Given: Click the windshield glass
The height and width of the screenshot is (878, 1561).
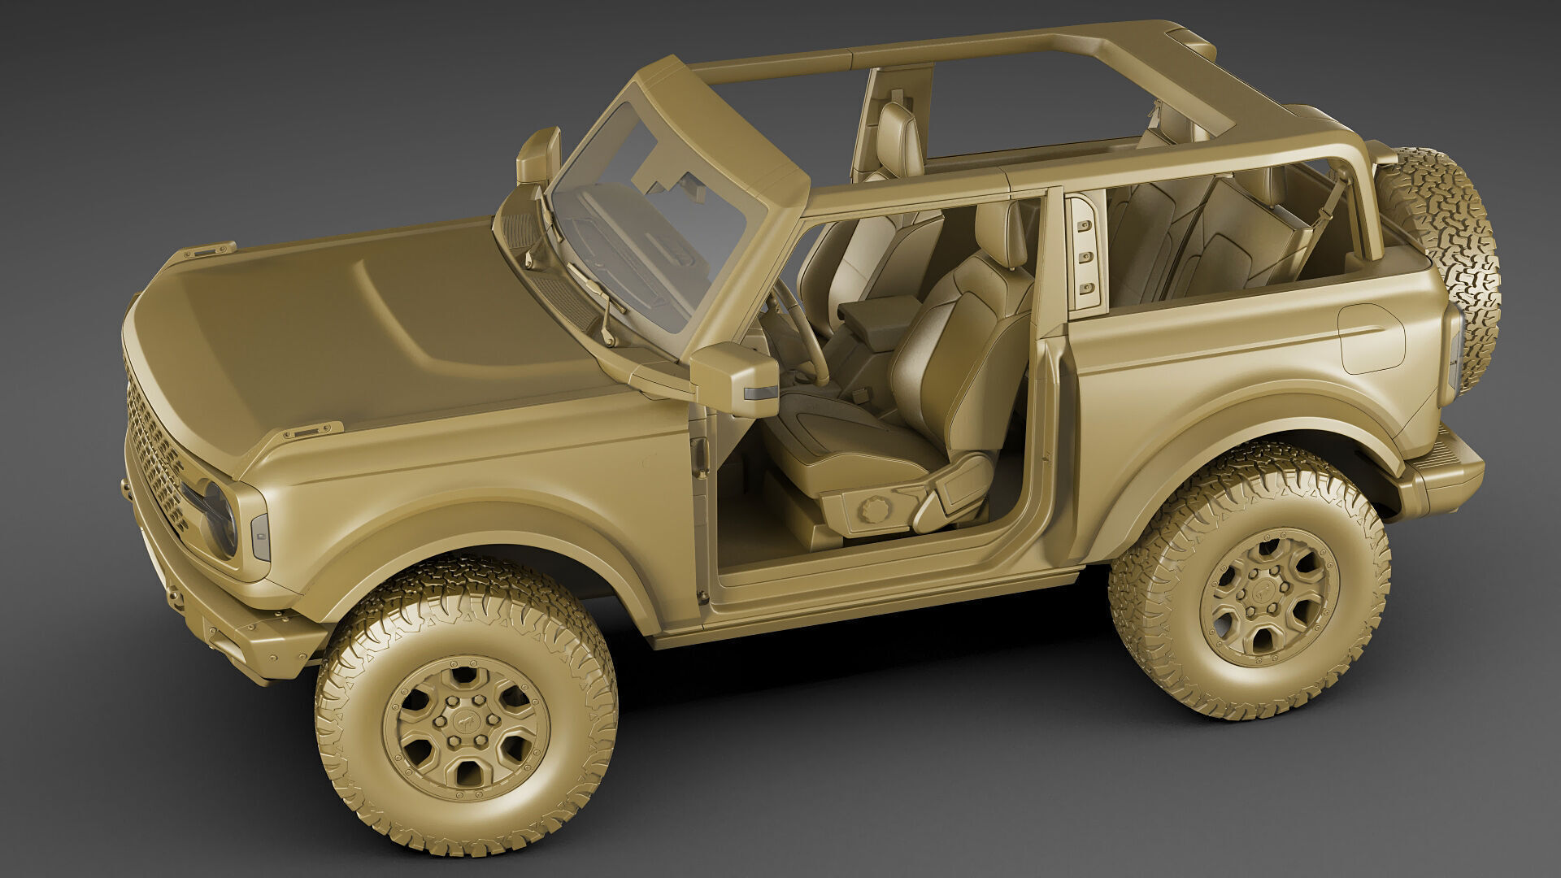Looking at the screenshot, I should point(650,228).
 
